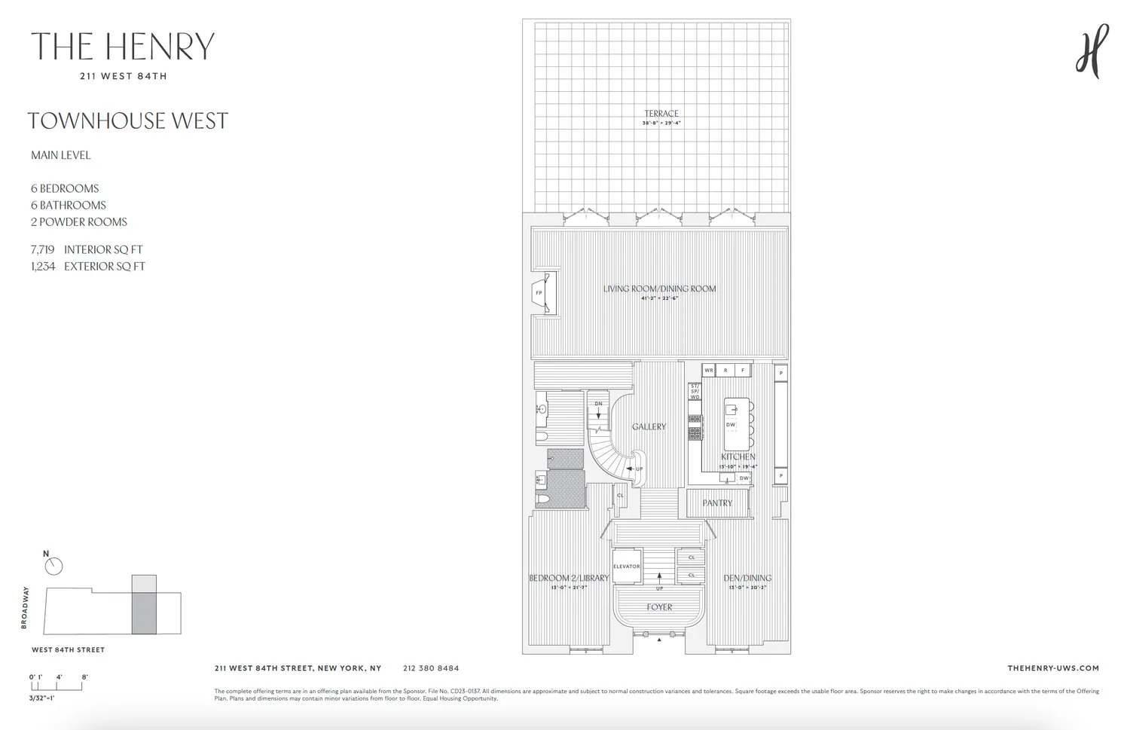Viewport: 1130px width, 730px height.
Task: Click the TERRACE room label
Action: click(x=661, y=114)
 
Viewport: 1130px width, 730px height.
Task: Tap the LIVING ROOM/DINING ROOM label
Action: click(x=659, y=289)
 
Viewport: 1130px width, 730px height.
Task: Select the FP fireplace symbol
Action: click(x=539, y=293)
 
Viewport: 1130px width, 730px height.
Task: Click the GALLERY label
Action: click(x=649, y=426)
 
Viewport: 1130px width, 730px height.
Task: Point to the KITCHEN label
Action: click(x=738, y=457)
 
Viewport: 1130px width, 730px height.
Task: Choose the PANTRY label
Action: click(x=717, y=503)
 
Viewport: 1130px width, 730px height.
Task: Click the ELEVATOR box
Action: click(x=626, y=567)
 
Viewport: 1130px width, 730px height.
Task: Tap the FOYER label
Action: click(x=659, y=607)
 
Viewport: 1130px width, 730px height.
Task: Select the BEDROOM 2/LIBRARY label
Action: click(x=568, y=579)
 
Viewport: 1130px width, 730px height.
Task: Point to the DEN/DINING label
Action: click(x=747, y=579)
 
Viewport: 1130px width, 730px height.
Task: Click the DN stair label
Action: click(x=599, y=404)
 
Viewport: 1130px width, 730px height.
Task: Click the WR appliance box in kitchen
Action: click(x=708, y=371)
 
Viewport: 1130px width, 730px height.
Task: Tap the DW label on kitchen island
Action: click(x=730, y=425)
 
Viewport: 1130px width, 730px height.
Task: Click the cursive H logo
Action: click(x=1092, y=50)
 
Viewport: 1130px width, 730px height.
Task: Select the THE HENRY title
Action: click(x=123, y=47)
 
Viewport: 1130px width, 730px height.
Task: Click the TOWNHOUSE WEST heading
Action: click(x=127, y=121)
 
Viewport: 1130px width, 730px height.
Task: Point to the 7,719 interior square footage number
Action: click(x=43, y=249)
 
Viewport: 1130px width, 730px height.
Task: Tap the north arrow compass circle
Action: click(x=54, y=567)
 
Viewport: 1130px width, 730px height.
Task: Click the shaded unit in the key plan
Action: click(x=144, y=612)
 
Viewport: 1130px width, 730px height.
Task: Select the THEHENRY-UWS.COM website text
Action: click(x=1052, y=668)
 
